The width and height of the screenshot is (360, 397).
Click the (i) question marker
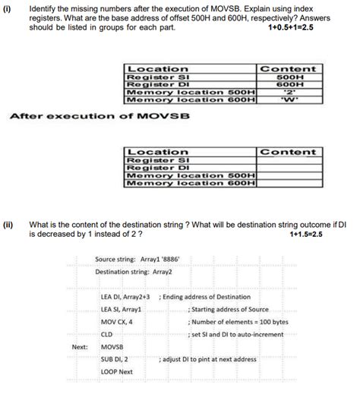point(8,8)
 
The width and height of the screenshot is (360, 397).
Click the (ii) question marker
point(8,225)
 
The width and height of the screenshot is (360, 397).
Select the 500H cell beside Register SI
point(288,77)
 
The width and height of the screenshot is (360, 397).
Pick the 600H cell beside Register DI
point(288,85)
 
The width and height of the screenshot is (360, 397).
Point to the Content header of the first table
point(288,69)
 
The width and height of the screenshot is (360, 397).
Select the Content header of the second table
point(288,153)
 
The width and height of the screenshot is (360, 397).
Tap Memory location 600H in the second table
point(190,183)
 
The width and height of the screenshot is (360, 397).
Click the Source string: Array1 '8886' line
point(137,259)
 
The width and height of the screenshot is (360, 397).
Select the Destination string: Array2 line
point(134,271)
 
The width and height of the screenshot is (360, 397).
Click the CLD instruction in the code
point(107,334)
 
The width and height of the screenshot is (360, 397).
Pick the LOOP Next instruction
point(116,372)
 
